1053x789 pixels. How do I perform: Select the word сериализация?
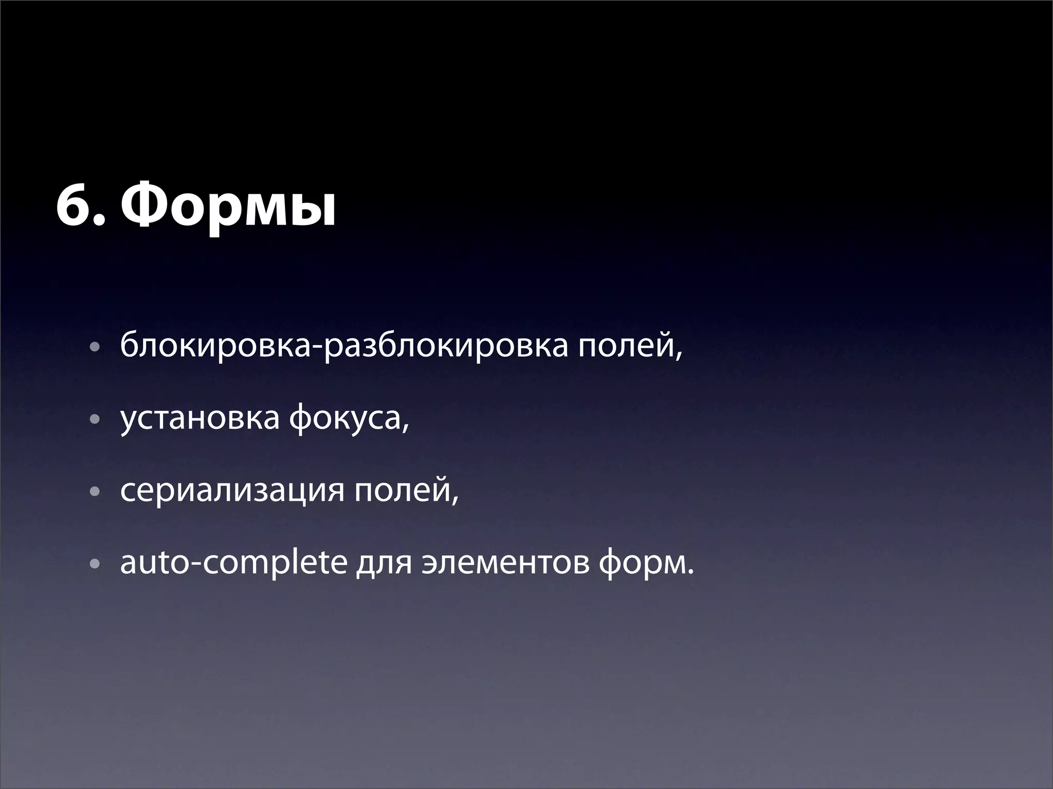(232, 491)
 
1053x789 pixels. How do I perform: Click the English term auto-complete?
(234, 563)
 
